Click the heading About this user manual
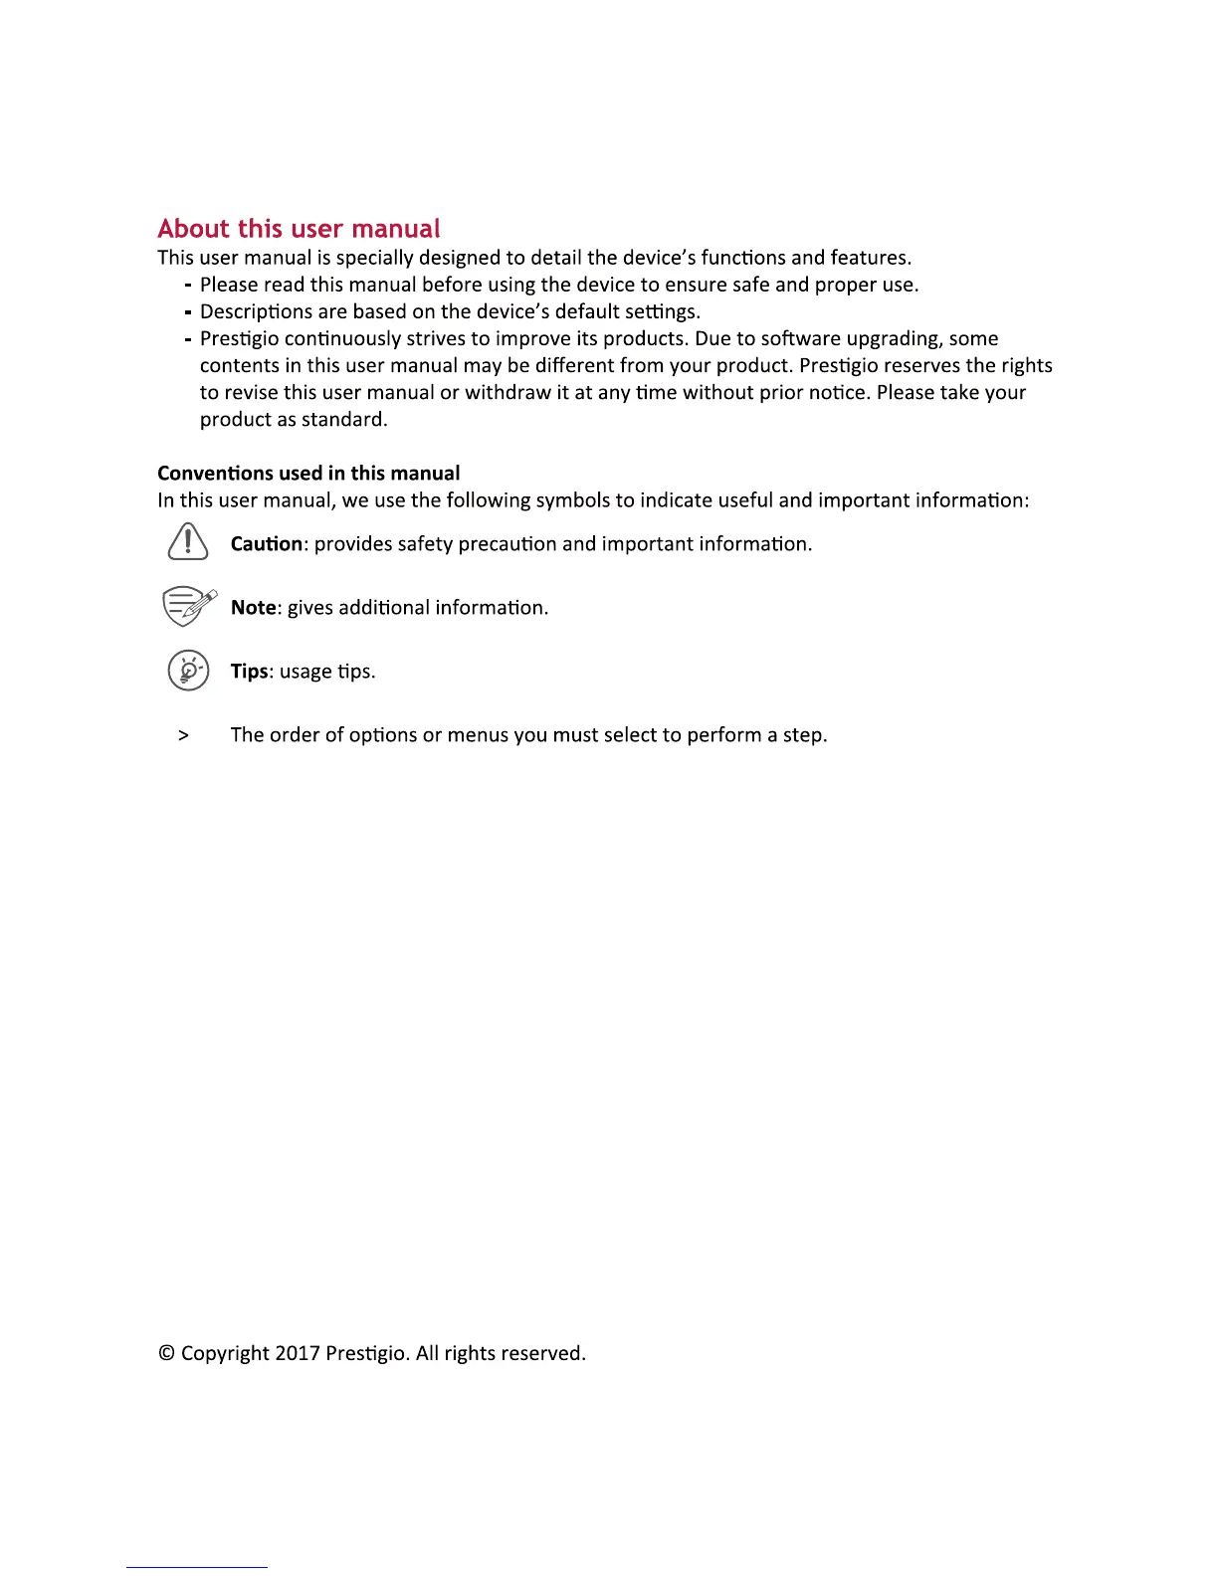tap(299, 229)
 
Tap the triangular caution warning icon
tap(188, 542)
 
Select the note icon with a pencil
tap(188, 606)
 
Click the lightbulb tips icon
tap(188, 670)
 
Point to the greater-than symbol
tap(183, 735)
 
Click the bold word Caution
tap(266, 544)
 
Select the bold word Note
tap(253, 608)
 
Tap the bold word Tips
tap(249, 672)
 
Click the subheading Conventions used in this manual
tap(308, 474)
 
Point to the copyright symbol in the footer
tap(166, 1353)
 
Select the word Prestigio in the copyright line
tap(365, 1354)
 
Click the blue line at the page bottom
tap(197, 1567)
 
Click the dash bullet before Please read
tap(188, 286)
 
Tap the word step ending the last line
tap(804, 736)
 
